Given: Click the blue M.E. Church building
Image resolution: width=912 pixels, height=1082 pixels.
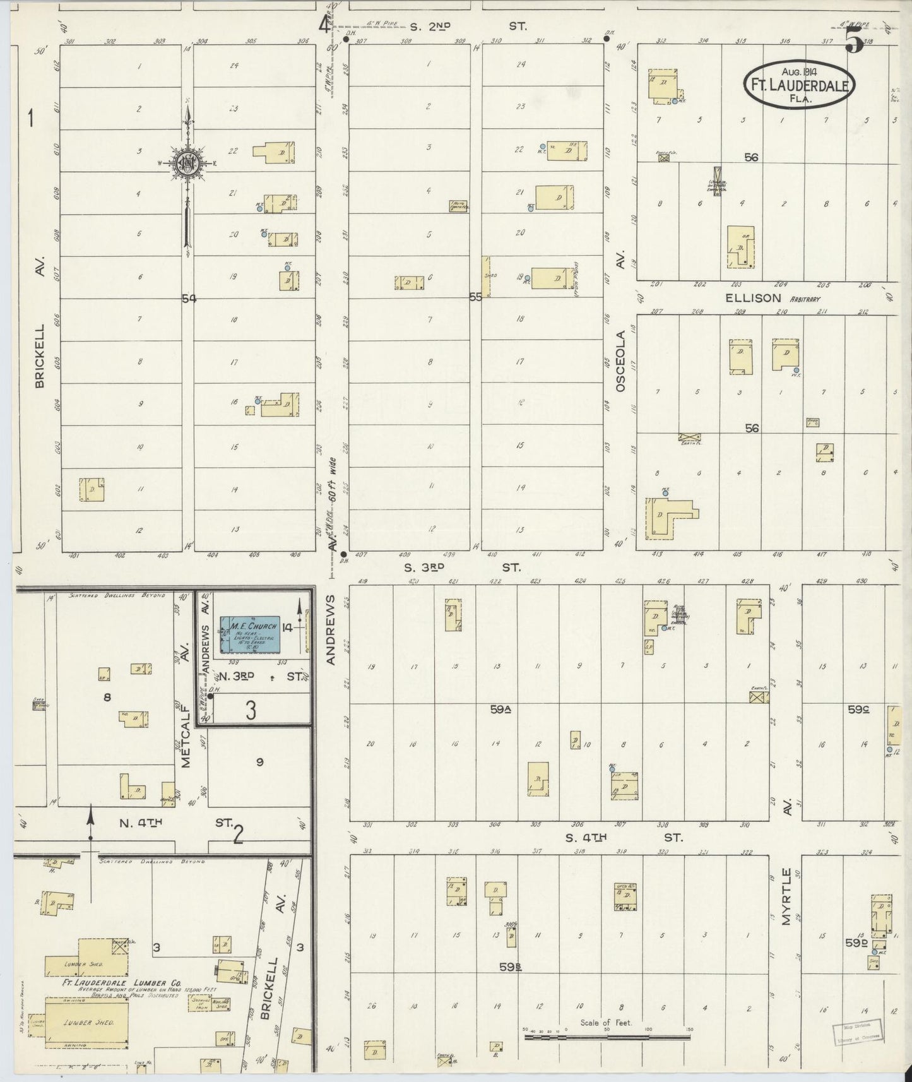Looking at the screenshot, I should (249, 634).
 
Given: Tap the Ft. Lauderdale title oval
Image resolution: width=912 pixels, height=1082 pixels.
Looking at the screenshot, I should (800, 84).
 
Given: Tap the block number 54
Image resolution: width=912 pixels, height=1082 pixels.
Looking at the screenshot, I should (189, 299).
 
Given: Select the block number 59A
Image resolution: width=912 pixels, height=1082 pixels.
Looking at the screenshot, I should (500, 710).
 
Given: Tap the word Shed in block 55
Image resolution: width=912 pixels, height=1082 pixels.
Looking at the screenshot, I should (487, 275).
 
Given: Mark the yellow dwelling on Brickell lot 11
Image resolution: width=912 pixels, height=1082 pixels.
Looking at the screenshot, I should (92, 489).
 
